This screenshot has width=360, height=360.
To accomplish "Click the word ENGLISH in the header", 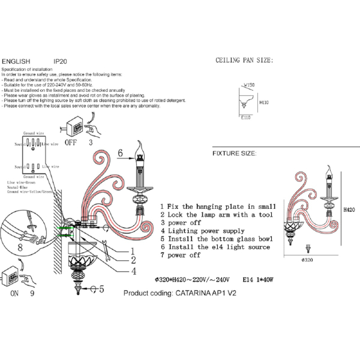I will coord(16,61).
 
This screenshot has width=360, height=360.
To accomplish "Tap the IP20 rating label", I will coord(61,61).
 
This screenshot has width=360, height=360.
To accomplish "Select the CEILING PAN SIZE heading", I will coord(244,61).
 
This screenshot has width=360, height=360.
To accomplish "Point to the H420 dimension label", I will coord(350,211).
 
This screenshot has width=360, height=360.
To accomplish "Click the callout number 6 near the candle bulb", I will coord(121,153).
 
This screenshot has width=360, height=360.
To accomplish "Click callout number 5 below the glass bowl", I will coord(101,289).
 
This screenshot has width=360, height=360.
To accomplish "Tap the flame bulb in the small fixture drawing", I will coord(329,170).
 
